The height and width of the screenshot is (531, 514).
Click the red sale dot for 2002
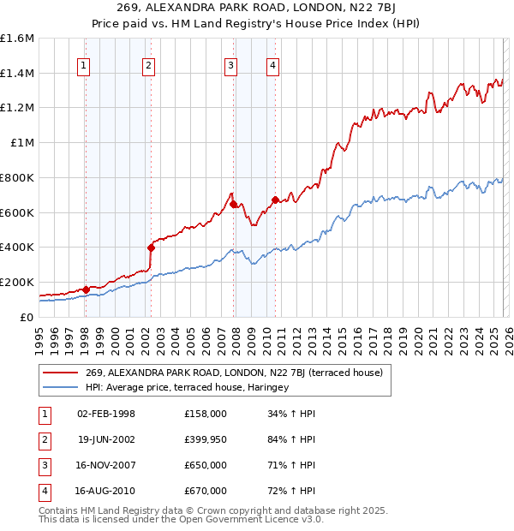point(151,248)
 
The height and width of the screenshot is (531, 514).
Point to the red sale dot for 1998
point(86,289)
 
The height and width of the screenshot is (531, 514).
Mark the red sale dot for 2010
point(275,200)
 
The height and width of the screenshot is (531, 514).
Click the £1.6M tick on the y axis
point(17,39)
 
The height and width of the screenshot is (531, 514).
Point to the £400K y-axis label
point(17,248)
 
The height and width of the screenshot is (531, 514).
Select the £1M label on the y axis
point(22,143)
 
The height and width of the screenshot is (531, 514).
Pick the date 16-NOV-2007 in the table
point(106,465)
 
